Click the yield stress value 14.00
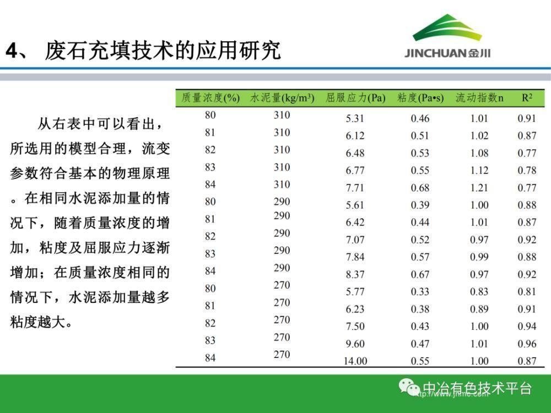click(355, 361)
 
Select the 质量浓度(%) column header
click(210, 97)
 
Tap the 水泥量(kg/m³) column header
click(282, 97)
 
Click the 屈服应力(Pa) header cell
click(355, 97)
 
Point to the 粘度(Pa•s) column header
click(420, 97)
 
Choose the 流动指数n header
click(479, 97)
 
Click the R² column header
click(527, 97)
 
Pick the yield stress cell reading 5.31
click(355, 118)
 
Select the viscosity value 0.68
click(420, 188)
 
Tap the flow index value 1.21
click(479, 188)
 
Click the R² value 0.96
click(527, 344)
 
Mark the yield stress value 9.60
click(355, 344)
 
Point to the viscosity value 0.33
click(420, 291)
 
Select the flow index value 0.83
click(479, 291)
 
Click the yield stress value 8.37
click(355, 274)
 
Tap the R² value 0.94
click(527, 326)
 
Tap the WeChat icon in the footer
click(409, 387)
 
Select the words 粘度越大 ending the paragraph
click(38, 322)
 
